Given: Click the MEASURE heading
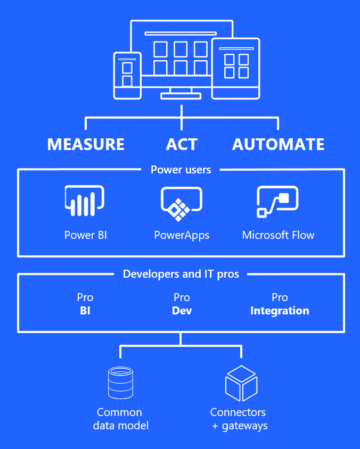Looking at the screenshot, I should tap(86, 144).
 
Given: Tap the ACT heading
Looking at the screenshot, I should tap(182, 144).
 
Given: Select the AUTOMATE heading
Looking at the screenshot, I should tap(278, 144).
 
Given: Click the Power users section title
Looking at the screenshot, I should tap(181, 170).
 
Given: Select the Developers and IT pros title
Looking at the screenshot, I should tap(181, 274).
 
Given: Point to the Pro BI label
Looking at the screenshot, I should tap(85, 304).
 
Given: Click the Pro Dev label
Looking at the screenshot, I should tap(182, 304).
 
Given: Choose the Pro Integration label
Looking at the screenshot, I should tap(280, 304).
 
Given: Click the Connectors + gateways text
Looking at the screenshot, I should tap(239, 419).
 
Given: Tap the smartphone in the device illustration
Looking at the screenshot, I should tap(127, 75).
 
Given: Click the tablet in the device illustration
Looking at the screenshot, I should tap(235, 68).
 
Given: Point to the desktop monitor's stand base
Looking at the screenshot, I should tap(181, 96).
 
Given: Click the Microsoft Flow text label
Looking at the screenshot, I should tap(278, 235).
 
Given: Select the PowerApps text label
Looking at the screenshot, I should tap(182, 235).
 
